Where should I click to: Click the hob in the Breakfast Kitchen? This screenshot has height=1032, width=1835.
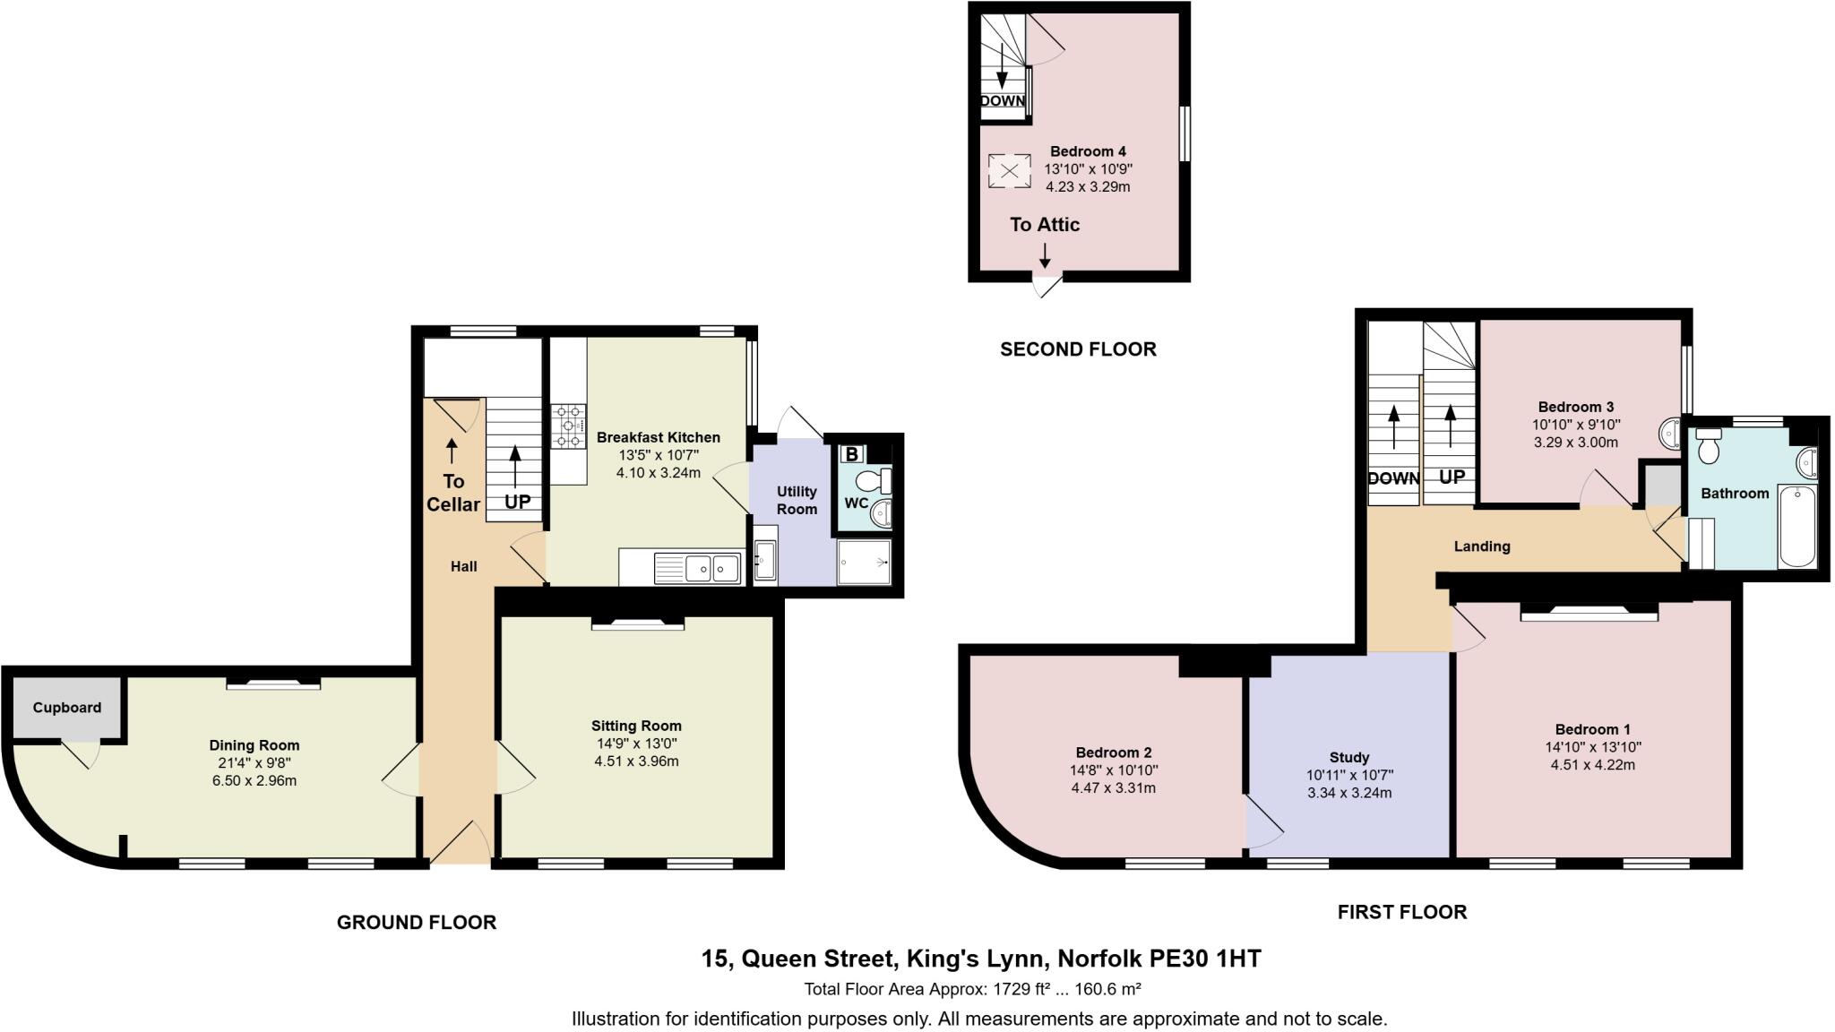[569, 425]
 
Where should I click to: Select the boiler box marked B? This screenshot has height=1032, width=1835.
[851, 454]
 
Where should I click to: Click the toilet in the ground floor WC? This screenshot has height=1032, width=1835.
[870, 482]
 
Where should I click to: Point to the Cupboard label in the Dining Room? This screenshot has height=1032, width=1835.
[67, 708]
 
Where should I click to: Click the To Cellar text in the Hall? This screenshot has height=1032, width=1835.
[452, 493]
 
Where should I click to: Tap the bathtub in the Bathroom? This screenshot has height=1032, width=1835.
[1797, 526]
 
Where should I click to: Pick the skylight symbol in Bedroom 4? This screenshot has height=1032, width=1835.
[1009, 171]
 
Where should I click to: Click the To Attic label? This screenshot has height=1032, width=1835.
[1045, 225]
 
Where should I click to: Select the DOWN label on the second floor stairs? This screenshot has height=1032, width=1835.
[1002, 101]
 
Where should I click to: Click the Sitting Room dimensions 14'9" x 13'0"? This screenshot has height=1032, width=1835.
[636, 744]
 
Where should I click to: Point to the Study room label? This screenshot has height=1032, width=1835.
[1349, 757]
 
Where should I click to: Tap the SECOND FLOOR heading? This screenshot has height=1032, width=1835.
[1078, 349]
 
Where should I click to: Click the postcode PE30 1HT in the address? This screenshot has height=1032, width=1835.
[1204, 959]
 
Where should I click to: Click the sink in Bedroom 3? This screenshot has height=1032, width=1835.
[1670, 434]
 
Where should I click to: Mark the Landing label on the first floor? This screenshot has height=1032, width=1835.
[1482, 546]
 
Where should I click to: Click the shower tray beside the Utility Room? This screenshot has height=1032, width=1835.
[864, 562]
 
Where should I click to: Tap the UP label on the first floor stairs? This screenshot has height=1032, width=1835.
[1452, 477]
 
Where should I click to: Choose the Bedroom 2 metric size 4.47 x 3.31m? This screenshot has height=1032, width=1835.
[1113, 788]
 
